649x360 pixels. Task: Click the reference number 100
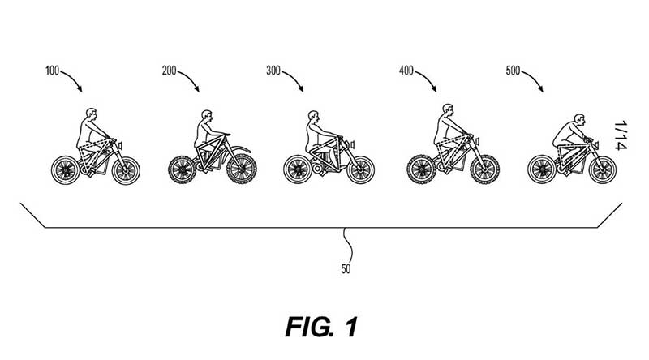[x=52, y=71]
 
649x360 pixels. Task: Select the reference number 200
[x=169, y=71]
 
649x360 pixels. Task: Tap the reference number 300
[x=273, y=71]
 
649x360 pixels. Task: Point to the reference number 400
[x=406, y=71]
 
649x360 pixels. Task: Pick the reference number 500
[x=513, y=71]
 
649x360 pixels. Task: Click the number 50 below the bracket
[x=346, y=269]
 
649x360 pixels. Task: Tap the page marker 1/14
[x=621, y=135]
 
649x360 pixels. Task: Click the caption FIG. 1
[x=321, y=327]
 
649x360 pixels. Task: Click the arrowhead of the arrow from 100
[x=80, y=88]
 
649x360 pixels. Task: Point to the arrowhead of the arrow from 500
[x=540, y=88]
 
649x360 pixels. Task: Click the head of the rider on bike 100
[x=92, y=114]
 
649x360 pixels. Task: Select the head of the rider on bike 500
[x=579, y=119]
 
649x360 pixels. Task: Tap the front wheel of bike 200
[x=241, y=169]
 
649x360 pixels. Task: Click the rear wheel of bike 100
[x=65, y=170]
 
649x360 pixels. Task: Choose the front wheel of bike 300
[x=360, y=170]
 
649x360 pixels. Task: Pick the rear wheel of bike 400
[x=421, y=169]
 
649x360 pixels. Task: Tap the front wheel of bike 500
[x=603, y=169]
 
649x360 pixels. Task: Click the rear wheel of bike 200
[x=182, y=169]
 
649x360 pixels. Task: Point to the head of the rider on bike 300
[x=313, y=116]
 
